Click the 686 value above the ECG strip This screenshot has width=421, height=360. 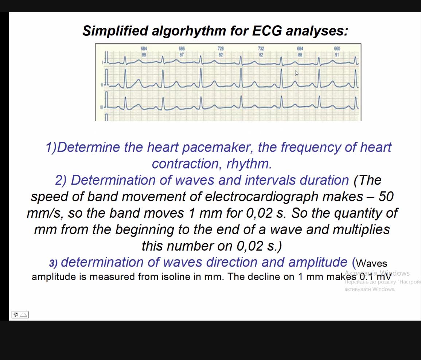[182, 49]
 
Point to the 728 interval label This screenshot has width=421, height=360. [221, 49]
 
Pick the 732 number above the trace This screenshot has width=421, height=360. [261, 49]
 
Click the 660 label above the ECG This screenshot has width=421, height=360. [337, 49]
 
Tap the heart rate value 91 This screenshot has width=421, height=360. [337, 55]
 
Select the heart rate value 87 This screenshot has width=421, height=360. [182, 55]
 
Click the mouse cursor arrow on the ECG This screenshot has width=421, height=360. [297, 73]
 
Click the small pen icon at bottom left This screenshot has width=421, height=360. [16, 314]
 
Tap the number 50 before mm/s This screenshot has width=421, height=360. [386, 197]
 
